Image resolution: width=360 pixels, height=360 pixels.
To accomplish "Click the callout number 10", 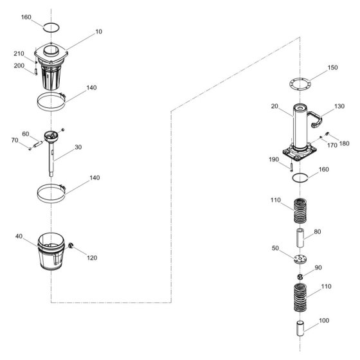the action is [x=98, y=32].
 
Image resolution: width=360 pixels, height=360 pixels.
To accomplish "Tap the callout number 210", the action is [x=19, y=54].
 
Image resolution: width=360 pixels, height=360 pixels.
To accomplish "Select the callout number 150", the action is [x=333, y=67].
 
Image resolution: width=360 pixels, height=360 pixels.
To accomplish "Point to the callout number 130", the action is [x=339, y=106].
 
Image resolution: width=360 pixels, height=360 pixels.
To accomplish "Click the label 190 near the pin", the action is [x=274, y=159].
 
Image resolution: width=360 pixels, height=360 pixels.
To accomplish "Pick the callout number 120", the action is [x=92, y=258].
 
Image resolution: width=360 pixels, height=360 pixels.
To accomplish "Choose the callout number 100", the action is [x=324, y=321].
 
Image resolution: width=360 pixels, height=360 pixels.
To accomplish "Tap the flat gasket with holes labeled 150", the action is [x=300, y=84].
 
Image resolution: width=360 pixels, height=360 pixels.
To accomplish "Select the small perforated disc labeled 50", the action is [x=300, y=259].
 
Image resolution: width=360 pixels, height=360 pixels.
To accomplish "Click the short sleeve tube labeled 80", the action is [x=300, y=238].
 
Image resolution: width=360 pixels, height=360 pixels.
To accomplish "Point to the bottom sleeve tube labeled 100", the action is [x=300, y=328].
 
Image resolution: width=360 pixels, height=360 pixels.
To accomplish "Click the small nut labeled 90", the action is [x=300, y=277].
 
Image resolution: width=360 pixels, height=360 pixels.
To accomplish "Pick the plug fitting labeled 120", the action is [x=71, y=245].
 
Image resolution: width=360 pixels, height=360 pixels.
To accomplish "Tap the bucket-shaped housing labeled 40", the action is [x=51, y=251].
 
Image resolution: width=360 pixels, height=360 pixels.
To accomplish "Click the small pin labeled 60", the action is [x=38, y=144].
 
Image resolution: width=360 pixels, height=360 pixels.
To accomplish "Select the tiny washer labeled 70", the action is [x=30, y=148].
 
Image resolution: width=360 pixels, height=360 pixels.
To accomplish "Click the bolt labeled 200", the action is [x=36, y=72].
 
